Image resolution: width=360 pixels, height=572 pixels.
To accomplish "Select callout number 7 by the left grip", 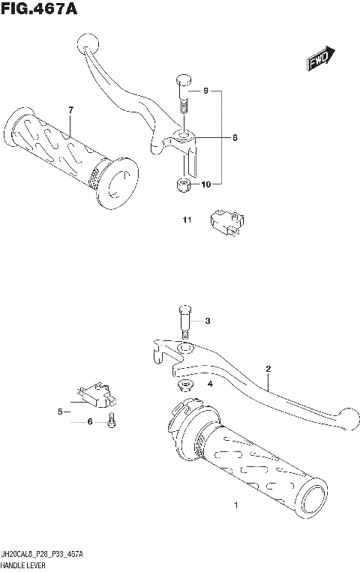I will tap(70, 111).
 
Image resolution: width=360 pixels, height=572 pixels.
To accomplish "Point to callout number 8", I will tap(234, 138).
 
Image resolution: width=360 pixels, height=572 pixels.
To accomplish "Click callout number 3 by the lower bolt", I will tap(208, 322).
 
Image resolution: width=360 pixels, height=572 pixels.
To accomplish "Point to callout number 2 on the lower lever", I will tap(266, 369).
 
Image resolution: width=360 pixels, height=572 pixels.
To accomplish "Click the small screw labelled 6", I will tap(111, 421).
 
